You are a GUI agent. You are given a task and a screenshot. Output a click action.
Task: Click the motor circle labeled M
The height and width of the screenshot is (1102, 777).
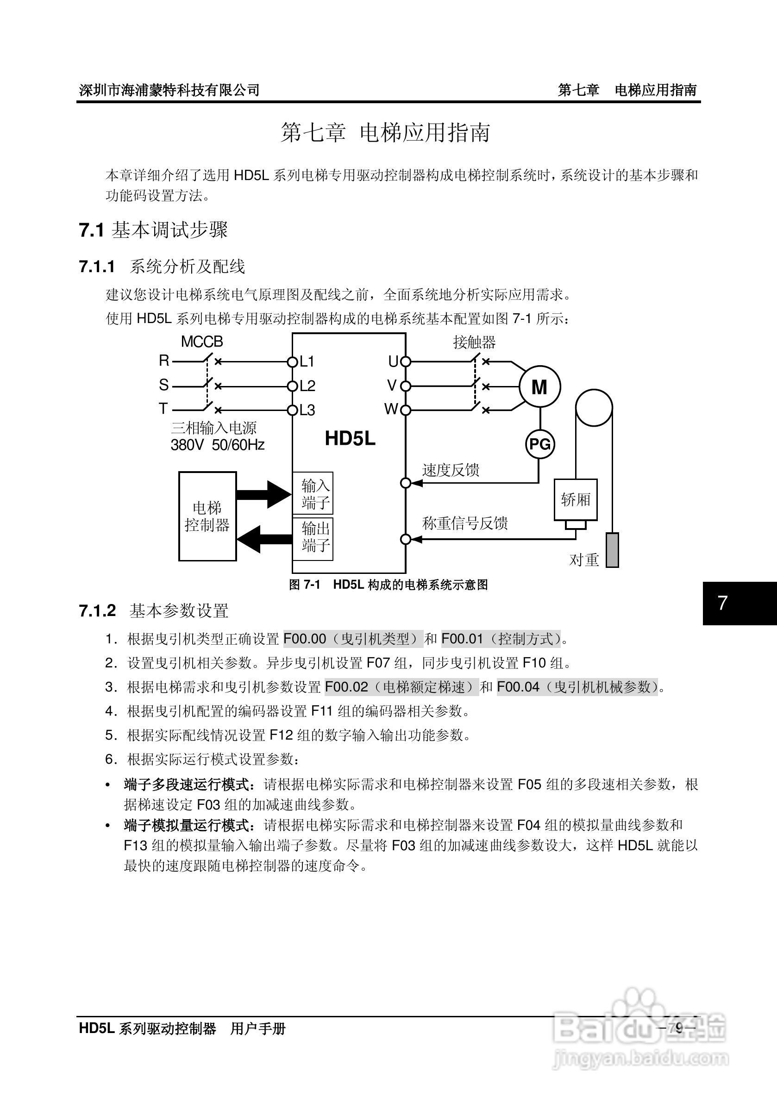540,386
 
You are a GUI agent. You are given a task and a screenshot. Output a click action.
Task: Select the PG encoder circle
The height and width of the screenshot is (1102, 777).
540,444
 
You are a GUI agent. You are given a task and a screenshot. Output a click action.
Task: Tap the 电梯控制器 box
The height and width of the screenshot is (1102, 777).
207,516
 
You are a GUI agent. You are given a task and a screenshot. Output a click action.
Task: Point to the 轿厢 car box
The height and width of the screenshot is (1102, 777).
575,500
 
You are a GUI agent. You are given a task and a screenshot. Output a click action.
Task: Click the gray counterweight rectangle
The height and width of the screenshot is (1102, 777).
612,550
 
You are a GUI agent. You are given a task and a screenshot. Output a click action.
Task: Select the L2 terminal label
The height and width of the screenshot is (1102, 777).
307,386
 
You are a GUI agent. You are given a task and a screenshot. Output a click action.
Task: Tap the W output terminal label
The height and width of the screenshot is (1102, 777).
391,410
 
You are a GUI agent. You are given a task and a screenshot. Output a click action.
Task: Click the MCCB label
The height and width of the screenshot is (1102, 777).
202,342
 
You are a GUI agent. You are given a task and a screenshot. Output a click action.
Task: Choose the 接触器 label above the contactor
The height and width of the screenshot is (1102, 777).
474,342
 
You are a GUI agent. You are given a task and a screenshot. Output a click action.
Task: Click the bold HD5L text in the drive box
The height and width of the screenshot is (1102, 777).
350,439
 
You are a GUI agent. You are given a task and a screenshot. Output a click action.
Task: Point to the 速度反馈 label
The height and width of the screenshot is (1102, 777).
451,470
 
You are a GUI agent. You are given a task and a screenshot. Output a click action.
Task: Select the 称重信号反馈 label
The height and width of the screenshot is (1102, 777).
465,523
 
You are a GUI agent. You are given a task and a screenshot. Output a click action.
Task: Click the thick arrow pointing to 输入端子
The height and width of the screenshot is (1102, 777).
264,494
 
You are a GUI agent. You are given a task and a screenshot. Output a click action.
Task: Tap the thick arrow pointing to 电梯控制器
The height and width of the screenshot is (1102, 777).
264,539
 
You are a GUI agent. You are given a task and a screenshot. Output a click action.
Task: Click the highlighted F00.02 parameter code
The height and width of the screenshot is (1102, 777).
346,687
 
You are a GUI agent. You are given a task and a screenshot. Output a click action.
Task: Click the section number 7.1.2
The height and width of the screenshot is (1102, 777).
98,611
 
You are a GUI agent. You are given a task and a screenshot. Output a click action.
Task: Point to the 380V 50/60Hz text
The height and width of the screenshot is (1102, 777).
218,445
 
